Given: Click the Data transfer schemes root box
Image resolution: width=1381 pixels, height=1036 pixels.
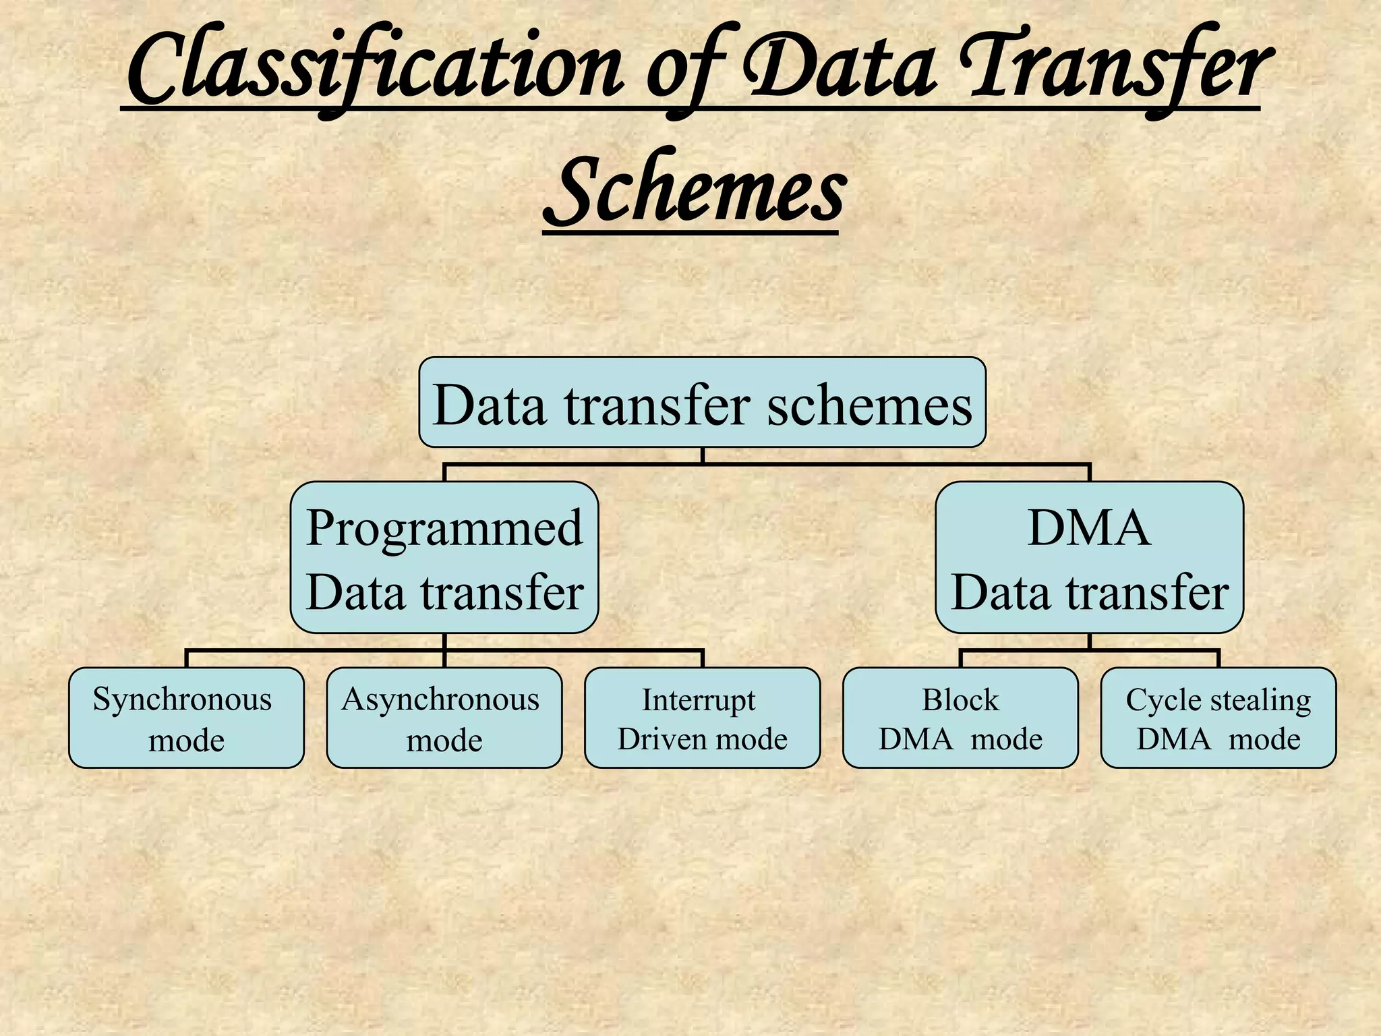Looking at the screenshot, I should point(702,403).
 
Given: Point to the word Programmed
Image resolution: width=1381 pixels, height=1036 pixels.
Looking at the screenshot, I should point(444,527).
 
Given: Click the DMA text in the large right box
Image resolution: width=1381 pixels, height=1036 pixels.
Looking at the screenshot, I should point(1088,527).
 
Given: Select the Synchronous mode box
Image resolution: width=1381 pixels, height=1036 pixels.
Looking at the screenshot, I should point(186,718).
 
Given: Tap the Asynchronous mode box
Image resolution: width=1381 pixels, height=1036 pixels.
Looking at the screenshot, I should point(444,718).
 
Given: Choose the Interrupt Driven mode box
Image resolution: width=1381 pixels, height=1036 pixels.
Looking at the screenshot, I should point(702,718).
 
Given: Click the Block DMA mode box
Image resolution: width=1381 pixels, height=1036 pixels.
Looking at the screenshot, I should point(960,718).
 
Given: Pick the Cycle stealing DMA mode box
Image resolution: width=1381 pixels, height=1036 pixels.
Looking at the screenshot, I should point(1218,718).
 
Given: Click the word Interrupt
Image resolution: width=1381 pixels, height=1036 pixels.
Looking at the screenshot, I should point(699,700).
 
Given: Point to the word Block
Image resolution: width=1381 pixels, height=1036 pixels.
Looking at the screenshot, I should point(960,700).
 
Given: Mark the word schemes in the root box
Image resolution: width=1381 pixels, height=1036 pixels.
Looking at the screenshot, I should point(870,406).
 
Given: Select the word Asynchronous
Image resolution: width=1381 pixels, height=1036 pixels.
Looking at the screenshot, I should point(440,700).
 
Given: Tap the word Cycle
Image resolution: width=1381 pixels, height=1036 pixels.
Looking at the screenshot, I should point(1156,700).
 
